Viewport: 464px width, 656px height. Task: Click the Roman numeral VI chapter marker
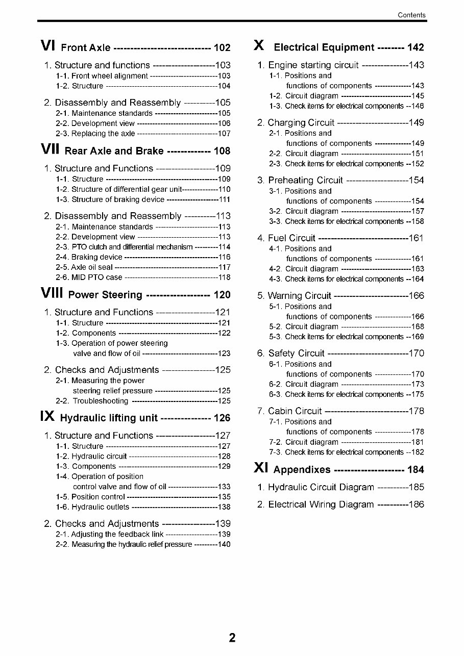coord(47,46)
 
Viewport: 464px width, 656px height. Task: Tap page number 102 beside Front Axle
coord(222,48)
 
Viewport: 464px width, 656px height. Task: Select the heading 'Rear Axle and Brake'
coord(114,151)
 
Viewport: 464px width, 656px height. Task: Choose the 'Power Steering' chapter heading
coord(105,295)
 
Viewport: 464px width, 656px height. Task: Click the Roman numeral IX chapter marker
coord(47,417)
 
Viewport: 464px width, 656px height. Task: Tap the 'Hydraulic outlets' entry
coord(101,507)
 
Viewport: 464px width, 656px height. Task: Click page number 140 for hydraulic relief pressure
coord(224,544)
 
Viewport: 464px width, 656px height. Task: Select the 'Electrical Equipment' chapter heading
coord(324,47)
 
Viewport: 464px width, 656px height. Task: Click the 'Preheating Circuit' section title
coord(305,180)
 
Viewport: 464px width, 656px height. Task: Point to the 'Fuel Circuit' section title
coord(291,238)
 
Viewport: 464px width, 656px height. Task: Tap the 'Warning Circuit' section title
coord(300,296)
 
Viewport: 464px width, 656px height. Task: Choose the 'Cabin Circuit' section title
coord(295,411)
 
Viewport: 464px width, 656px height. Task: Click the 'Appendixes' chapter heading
coord(302,470)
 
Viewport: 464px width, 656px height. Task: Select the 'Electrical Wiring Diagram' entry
coord(321,504)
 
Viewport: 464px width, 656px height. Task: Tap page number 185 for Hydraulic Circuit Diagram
coord(417,487)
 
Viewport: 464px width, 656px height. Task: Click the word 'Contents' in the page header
coord(411,15)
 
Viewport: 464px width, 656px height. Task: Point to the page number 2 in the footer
coord(232,638)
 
